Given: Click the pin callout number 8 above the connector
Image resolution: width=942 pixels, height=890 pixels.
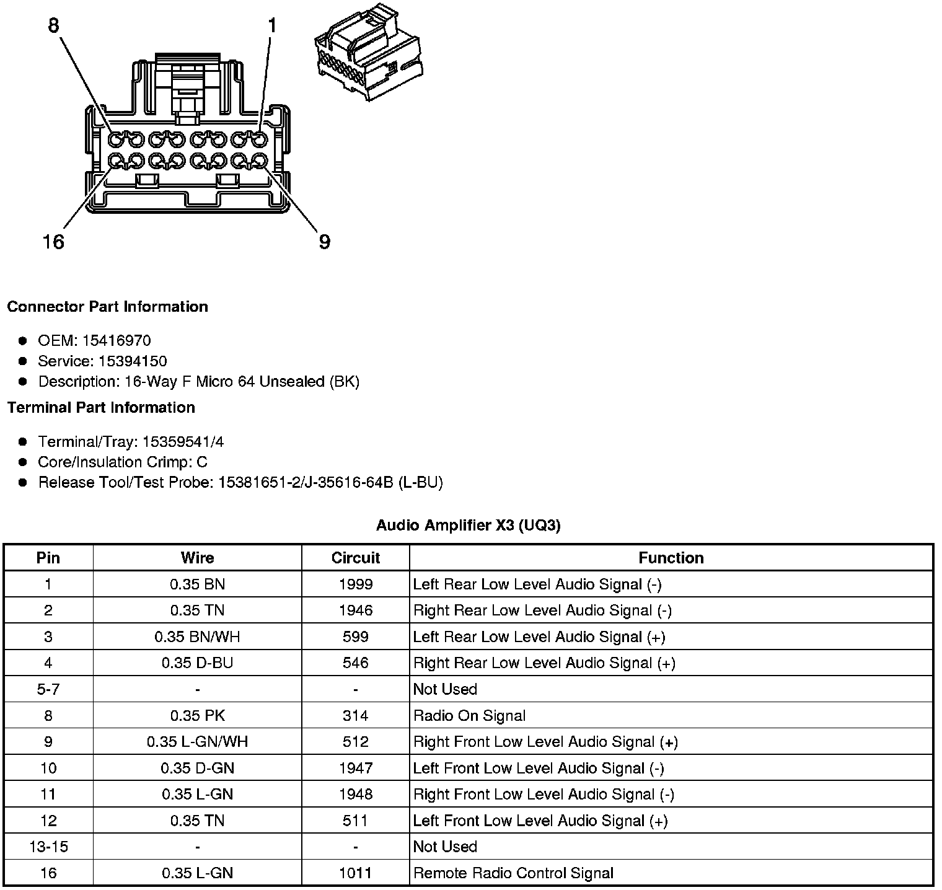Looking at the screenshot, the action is pyautogui.click(x=53, y=25).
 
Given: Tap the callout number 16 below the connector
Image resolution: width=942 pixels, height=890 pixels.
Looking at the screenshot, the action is pyautogui.click(x=53, y=241).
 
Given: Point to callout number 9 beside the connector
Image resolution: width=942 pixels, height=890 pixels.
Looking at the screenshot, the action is pyautogui.click(x=324, y=241).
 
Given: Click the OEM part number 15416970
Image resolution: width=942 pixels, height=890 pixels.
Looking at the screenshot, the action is pyautogui.click(x=117, y=340).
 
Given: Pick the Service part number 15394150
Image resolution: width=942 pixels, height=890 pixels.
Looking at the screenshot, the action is pyautogui.click(x=133, y=361).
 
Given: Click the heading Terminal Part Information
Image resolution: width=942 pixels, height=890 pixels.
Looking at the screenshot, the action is pyautogui.click(x=101, y=407).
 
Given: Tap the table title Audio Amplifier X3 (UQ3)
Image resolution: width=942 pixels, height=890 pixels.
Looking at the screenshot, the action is pyautogui.click(x=468, y=526).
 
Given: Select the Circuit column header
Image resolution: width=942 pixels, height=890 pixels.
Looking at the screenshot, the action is pyautogui.click(x=355, y=558).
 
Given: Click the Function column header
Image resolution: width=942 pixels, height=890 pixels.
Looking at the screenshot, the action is pyautogui.click(x=671, y=558).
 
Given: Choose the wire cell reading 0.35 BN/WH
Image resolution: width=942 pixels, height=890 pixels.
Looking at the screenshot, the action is pyautogui.click(x=197, y=637).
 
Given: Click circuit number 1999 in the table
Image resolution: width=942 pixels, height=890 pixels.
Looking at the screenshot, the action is pyautogui.click(x=356, y=584).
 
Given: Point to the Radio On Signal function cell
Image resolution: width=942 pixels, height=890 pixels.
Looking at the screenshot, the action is pyautogui.click(x=469, y=716).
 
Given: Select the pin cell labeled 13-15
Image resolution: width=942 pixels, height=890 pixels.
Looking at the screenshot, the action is pyautogui.click(x=48, y=847).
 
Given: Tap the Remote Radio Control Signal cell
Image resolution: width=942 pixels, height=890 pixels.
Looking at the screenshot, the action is pyautogui.click(x=513, y=873).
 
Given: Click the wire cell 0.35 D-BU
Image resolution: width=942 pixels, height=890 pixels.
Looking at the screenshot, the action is pyautogui.click(x=197, y=663).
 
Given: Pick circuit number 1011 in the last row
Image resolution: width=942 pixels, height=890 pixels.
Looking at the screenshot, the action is pyautogui.click(x=356, y=873).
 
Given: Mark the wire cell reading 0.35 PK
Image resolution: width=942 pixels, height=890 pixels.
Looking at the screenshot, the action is pyautogui.click(x=197, y=716).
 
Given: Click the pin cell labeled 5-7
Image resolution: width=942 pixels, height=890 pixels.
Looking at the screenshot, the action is pyautogui.click(x=48, y=689).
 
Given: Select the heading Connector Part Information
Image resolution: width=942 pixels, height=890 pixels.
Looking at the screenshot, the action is pyautogui.click(x=107, y=307).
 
